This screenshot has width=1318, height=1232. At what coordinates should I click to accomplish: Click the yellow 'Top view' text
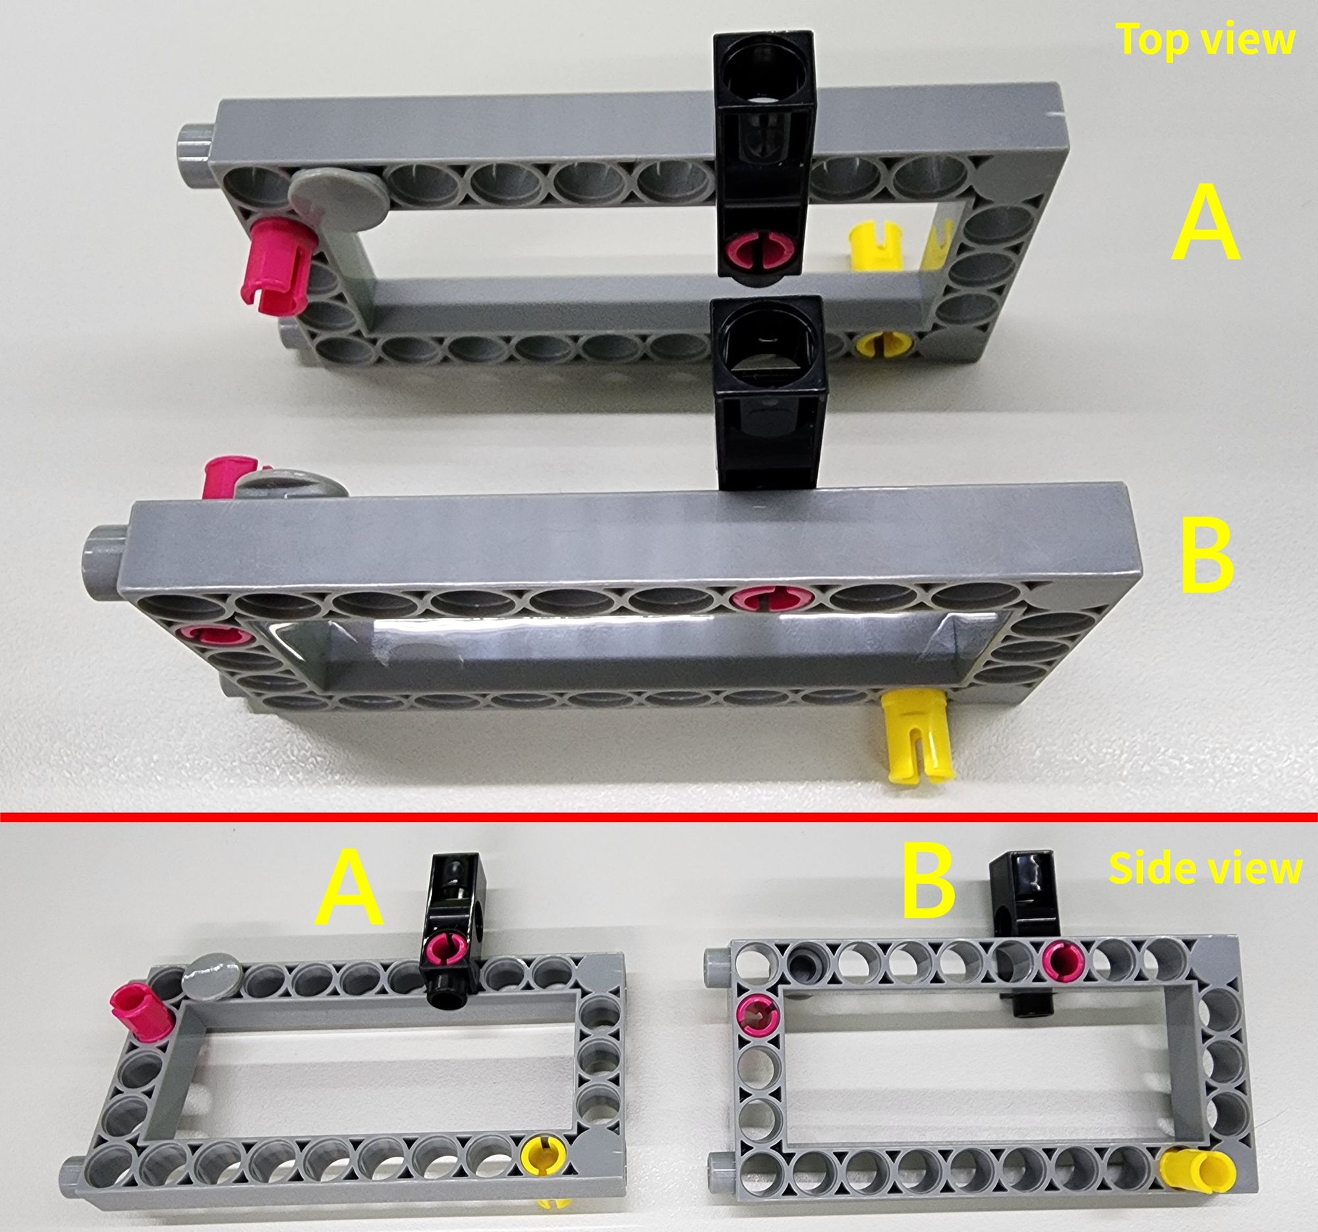click(1205, 39)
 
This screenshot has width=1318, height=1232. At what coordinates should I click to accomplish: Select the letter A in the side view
click(349, 890)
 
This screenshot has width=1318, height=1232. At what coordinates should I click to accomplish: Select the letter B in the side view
click(929, 882)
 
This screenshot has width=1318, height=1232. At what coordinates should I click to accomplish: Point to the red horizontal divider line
click(659, 816)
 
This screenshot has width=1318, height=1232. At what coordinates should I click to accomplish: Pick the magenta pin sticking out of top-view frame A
click(279, 264)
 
